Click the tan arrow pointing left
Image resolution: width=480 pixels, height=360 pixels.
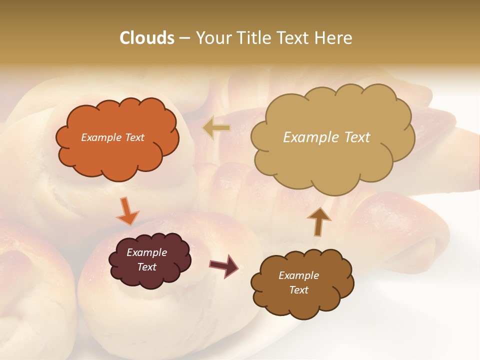(217, 128)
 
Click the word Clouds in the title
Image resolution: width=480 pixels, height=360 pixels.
(146, 38)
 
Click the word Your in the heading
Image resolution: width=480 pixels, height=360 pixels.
(211, 38)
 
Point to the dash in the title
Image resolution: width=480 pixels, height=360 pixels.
(184, 38)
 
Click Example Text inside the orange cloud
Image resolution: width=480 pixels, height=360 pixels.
(112, 137)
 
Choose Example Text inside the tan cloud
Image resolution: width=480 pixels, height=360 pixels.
(326, 137)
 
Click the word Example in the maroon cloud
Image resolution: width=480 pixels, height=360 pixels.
(146, 252)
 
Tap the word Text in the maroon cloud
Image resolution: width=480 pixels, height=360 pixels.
(146, 267)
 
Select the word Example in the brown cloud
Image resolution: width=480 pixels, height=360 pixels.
(298, 275)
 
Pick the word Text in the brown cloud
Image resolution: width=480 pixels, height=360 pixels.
(298, 290)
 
